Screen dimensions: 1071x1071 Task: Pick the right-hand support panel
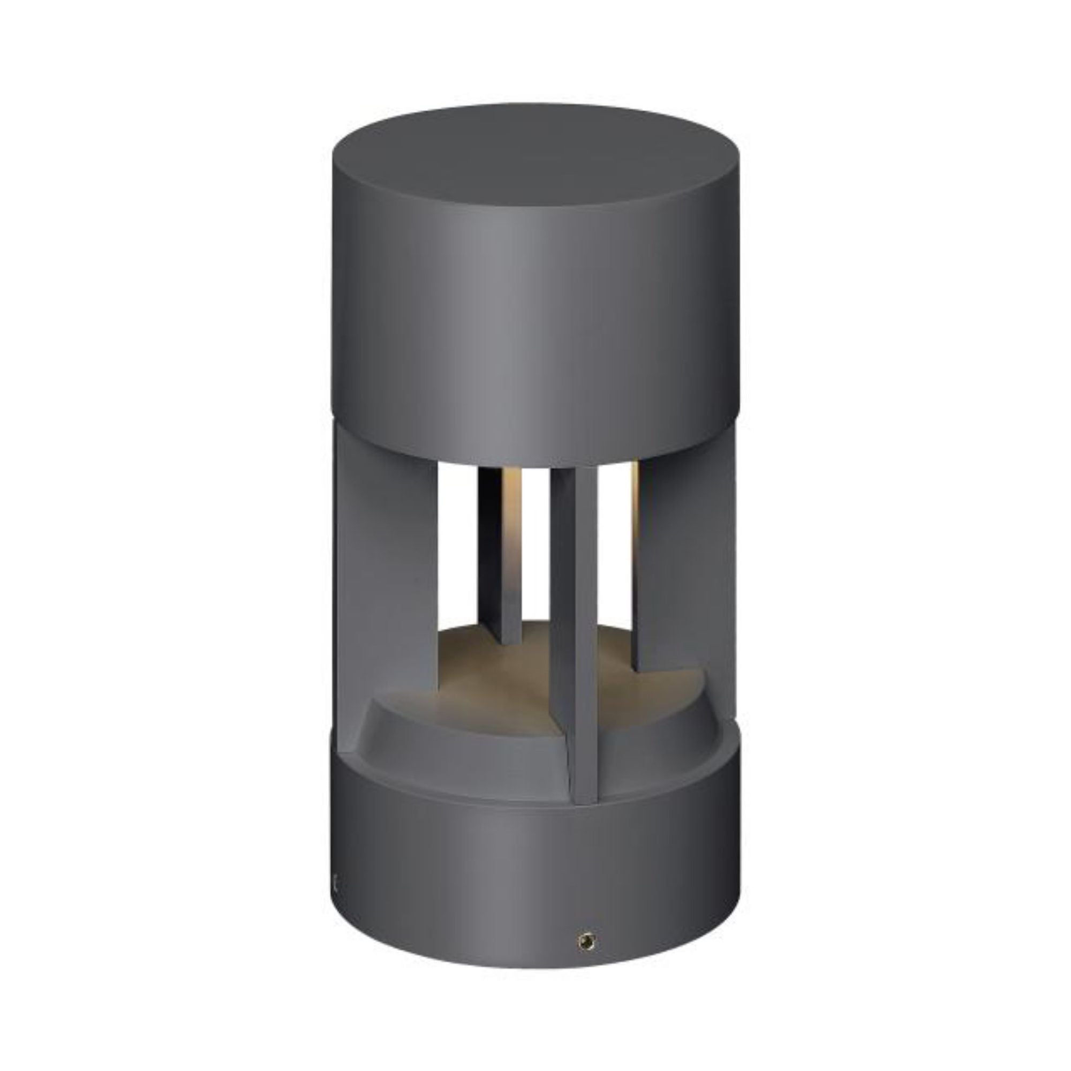click(x=688, y=582)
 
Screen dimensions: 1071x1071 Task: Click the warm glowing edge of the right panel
click(x=636, y=499)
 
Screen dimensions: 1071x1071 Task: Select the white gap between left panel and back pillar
click(x=458, y=543)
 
